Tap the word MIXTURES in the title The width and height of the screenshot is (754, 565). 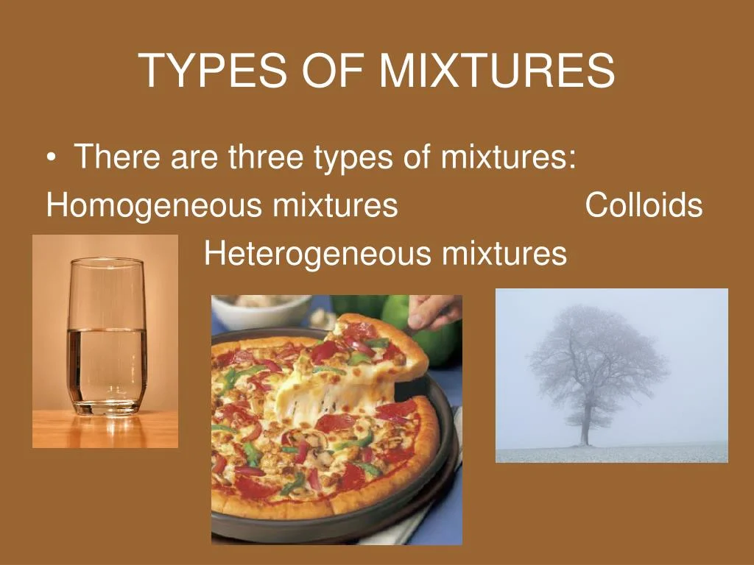tap(497, 70)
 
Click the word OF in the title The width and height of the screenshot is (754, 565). tap(333, 70)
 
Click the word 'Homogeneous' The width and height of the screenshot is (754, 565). tap(155, 206)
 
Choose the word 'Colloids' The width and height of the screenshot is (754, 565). tap(644, 205)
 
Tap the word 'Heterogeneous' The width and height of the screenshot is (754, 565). tap(318, 253)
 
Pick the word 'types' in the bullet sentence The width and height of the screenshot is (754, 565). tap(353, 159)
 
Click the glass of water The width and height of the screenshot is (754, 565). tap(107, 336)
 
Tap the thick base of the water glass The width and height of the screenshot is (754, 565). tap(107, 406)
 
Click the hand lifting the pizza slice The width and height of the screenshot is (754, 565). tap(433, 311)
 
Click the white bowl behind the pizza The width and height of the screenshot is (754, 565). tap(261, 310)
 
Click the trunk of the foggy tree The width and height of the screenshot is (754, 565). tap(585, 423)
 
